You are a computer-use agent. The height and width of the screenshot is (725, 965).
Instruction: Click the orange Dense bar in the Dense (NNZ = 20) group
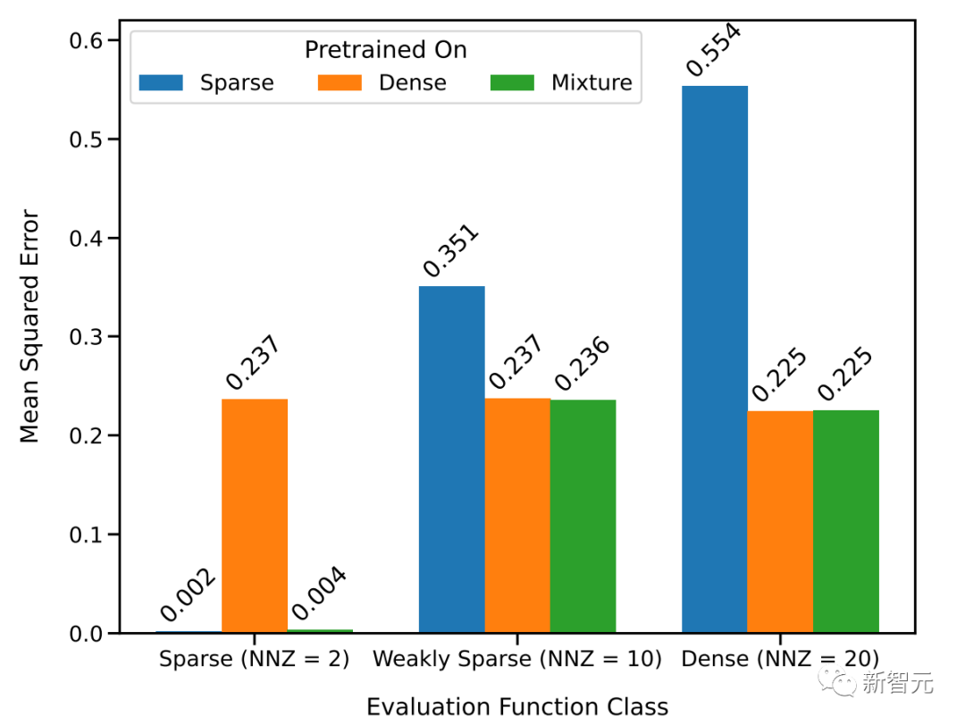780,522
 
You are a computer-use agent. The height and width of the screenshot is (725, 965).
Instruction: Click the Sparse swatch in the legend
161,83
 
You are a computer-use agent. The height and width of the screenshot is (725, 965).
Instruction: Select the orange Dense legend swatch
340,83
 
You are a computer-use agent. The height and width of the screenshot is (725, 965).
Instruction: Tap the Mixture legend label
592,83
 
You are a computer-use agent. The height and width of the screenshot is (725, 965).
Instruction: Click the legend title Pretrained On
385,50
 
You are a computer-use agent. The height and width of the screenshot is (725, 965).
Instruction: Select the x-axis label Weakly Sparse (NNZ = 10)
517,660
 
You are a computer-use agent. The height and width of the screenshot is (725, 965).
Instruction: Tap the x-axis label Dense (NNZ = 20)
780,660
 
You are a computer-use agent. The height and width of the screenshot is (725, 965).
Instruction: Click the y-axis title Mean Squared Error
30,326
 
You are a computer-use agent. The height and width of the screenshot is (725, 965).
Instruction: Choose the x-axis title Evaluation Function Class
517,707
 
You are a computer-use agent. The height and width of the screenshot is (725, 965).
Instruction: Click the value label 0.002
188,595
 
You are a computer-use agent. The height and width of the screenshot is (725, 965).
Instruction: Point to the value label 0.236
582,365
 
